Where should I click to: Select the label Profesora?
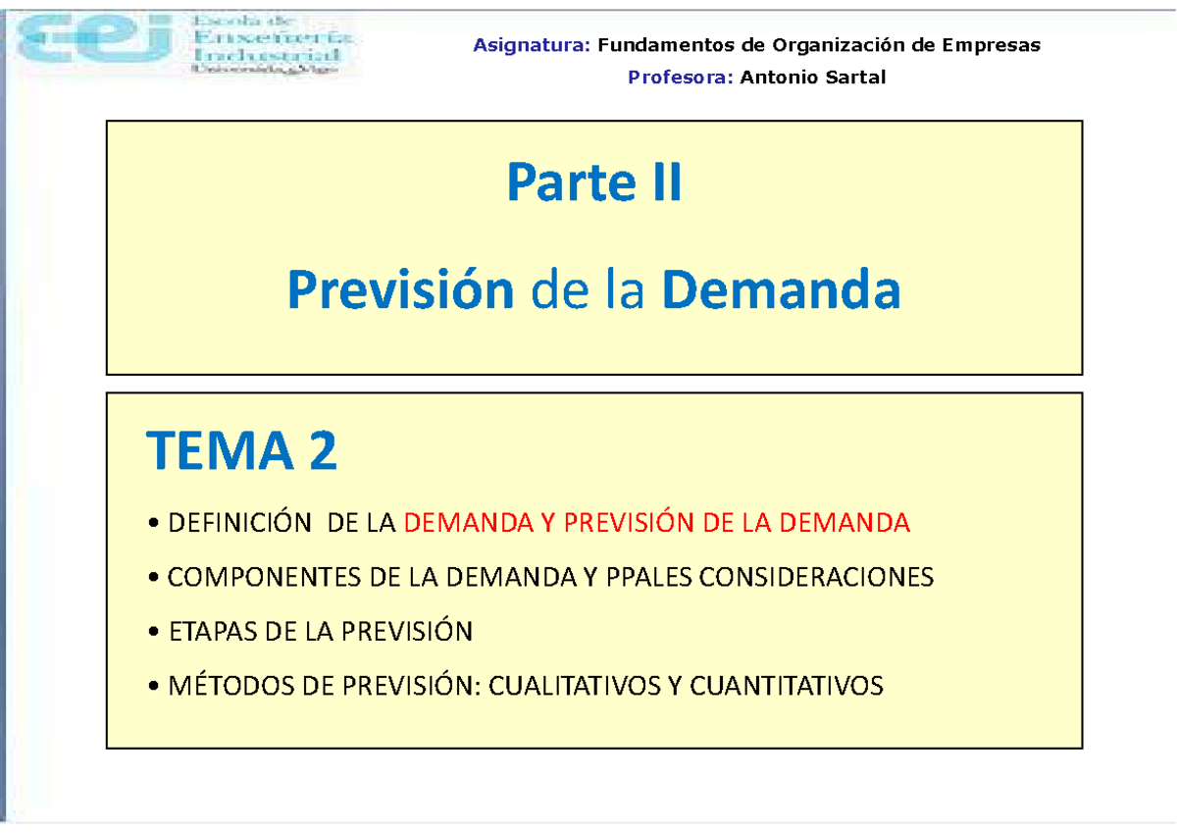coord(680,78)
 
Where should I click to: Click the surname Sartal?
coord(852,78)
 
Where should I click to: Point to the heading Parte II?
coord(594,184)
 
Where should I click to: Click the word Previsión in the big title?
coord(400,291)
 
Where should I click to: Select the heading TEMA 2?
coord(242,452)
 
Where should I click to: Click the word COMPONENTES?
coord(266,578)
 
